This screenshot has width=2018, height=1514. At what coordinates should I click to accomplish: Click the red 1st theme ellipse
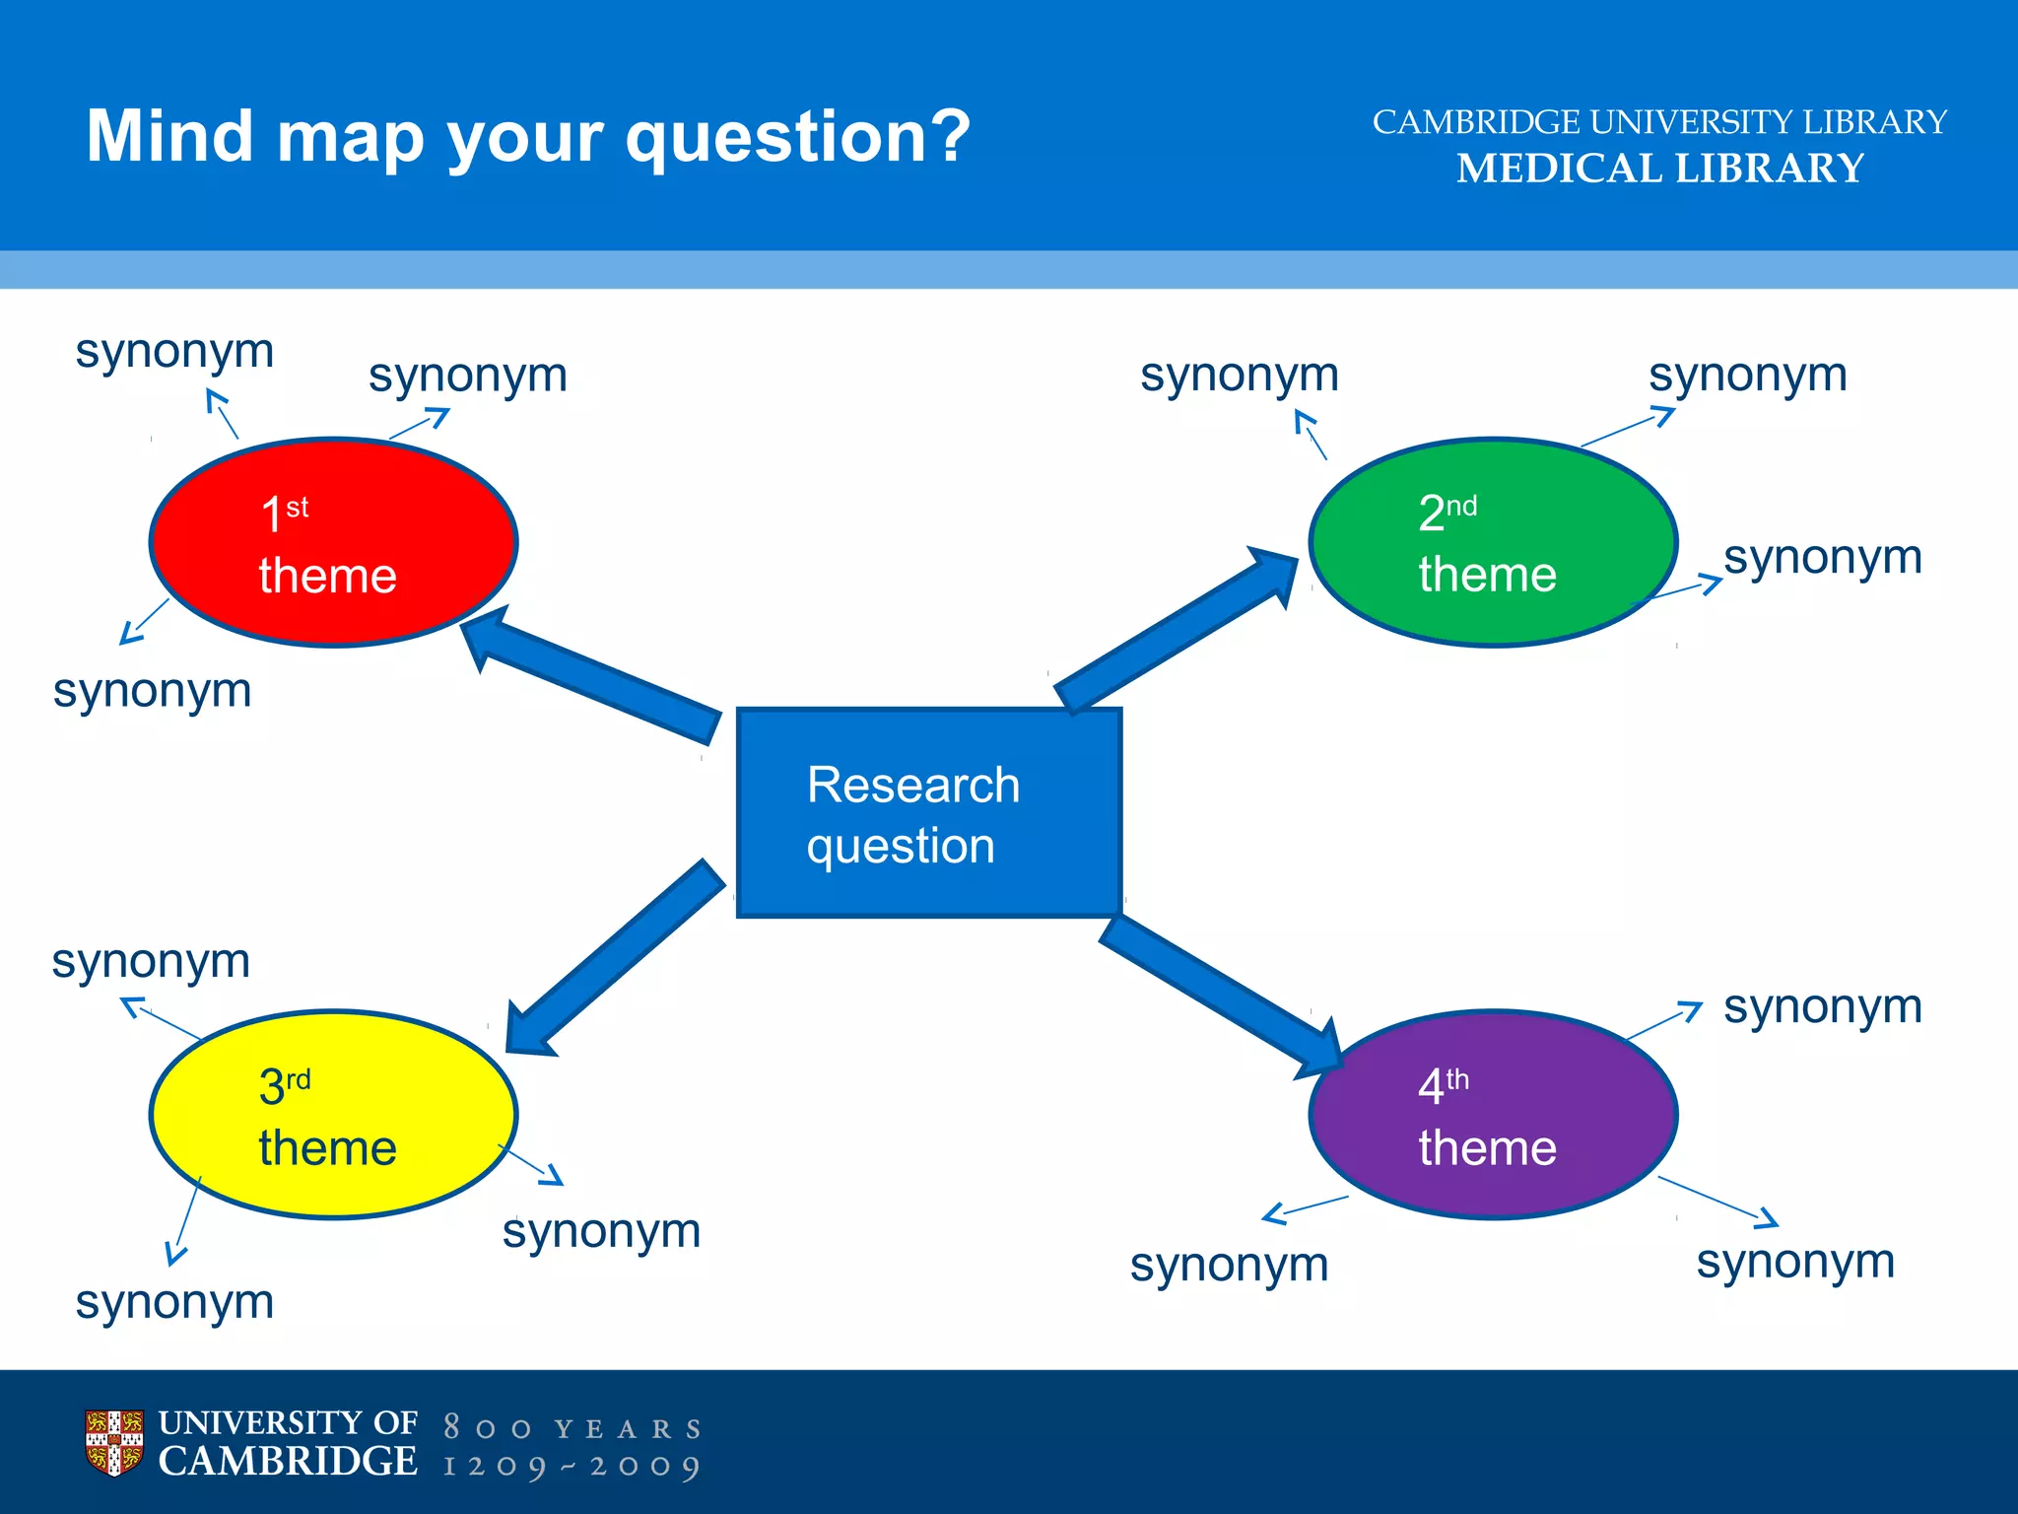[x=333, y=542]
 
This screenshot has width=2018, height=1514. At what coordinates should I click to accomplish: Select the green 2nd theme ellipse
[x=1493, y=542]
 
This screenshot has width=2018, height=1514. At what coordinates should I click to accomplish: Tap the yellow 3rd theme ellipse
[x=333, y=1115]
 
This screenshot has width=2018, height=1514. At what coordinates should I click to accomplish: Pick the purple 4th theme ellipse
[x=1493, y=1115]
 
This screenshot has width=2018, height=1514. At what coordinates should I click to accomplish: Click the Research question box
[x=928, y=813]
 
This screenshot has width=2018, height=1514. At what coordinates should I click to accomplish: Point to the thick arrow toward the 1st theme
[x=591, y=676]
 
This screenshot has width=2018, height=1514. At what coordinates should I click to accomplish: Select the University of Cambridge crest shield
[x=113, y=1443]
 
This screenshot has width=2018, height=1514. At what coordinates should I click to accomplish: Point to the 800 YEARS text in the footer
[x=572, y=1428]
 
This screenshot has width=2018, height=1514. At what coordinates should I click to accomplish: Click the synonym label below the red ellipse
[x=153, y=690]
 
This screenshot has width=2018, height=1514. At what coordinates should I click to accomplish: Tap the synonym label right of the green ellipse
[x=1823, y=558]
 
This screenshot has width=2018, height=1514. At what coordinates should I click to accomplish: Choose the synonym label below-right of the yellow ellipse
[x=601, y=1230]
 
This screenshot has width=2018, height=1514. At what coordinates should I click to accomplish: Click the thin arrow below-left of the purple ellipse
[x=1305, y=1209]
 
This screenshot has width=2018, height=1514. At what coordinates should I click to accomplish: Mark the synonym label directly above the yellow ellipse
[x=151, y=961]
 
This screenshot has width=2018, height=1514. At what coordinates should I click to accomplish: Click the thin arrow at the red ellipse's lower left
[x=144, y=621]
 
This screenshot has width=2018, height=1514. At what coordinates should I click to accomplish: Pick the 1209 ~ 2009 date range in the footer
[x=572, y=1467]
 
